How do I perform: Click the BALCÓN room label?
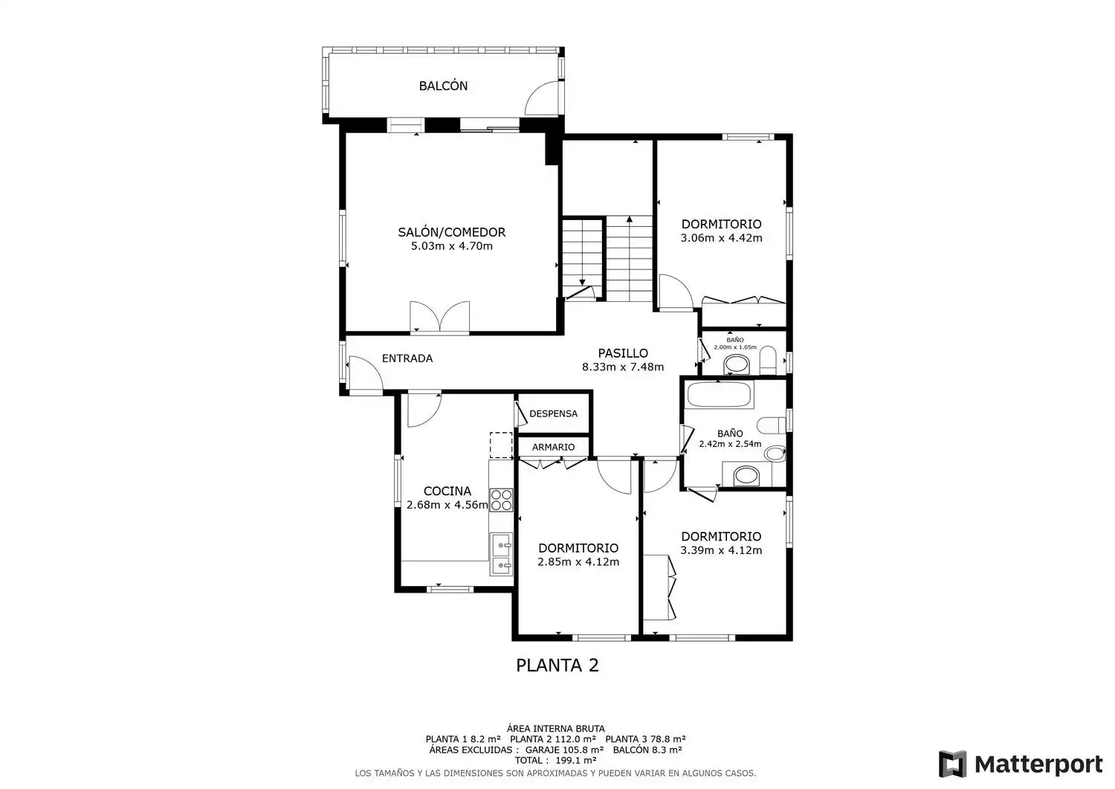[443, 86]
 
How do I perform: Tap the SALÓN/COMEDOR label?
[451, 232]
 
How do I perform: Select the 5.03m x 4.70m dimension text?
[451, 246]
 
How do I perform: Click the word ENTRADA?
[407, 358]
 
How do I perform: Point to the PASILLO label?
[623, 353]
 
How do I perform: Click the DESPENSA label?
[554, 413]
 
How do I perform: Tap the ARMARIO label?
[553, 448]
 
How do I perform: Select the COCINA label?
[447, 491]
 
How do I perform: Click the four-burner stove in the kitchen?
[501, 500]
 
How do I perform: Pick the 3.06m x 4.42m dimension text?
[721, 238]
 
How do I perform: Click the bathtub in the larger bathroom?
[720, 394]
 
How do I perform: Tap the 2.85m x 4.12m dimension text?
[578, 562]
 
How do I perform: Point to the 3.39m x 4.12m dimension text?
[721, 550]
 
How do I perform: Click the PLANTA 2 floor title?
[557, 666]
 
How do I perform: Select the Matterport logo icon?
[953, 764]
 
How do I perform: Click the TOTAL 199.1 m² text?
[555, 760]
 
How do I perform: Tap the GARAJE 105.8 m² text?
[564, 750]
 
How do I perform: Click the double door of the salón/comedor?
[439, 316]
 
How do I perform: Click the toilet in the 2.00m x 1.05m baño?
[768, 360]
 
